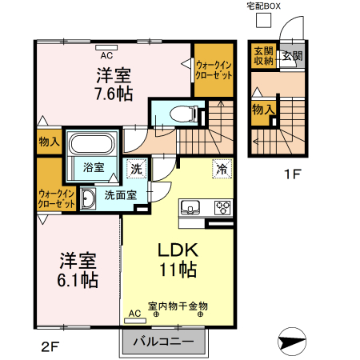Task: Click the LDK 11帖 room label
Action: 178,259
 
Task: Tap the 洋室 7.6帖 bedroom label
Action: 114,84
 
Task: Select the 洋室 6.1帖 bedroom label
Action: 78,270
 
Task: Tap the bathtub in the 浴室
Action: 94,146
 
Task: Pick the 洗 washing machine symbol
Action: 137,169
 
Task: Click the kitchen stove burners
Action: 222,209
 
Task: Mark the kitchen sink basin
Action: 191,209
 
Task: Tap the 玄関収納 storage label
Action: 263,55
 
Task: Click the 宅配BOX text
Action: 264,6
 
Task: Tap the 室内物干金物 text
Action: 178,306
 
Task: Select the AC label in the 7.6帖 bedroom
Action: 106,55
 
